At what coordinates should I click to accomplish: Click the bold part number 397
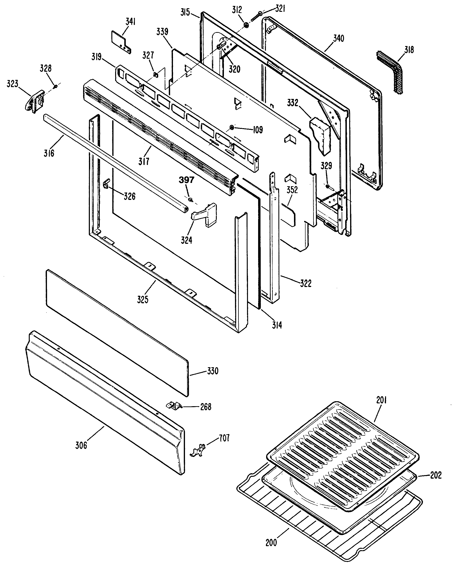(x=186, y=180)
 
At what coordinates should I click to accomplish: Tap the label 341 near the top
(x=130, y=22)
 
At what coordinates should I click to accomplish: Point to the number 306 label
(x=81, y=445)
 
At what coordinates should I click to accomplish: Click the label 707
(x=224, y=438)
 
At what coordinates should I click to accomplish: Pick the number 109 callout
(x=258, y=130)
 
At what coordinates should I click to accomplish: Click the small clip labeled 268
(x=174, y=405)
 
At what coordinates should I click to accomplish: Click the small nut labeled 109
(x=231, y=128)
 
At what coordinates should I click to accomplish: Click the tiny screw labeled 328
(x=56, y=86)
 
